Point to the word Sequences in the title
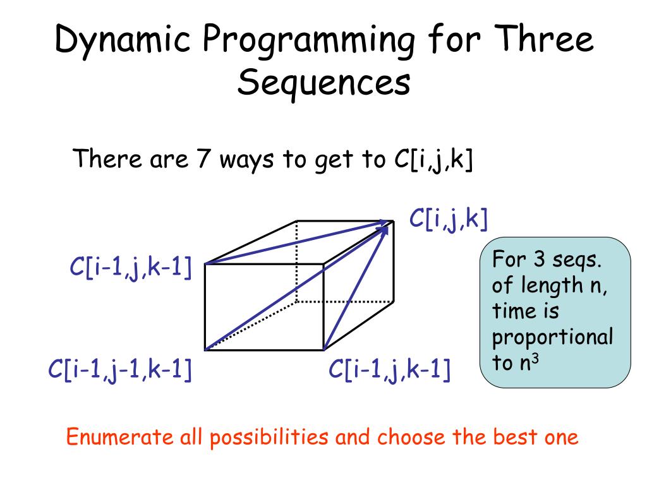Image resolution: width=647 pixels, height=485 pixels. [324, 83]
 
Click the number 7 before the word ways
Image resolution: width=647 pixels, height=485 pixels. [203, 159]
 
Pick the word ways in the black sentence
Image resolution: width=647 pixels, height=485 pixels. [246, 160]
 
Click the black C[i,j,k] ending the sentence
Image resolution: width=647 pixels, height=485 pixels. [433, 160]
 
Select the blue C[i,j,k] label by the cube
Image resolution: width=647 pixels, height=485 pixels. [449, 219]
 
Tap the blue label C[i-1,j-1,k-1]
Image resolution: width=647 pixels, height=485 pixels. [120, 369]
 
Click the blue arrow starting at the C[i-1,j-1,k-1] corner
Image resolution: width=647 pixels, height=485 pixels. [297, 288]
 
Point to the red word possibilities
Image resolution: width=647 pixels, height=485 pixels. [269, 438]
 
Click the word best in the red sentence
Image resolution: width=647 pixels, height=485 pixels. [511, 437]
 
